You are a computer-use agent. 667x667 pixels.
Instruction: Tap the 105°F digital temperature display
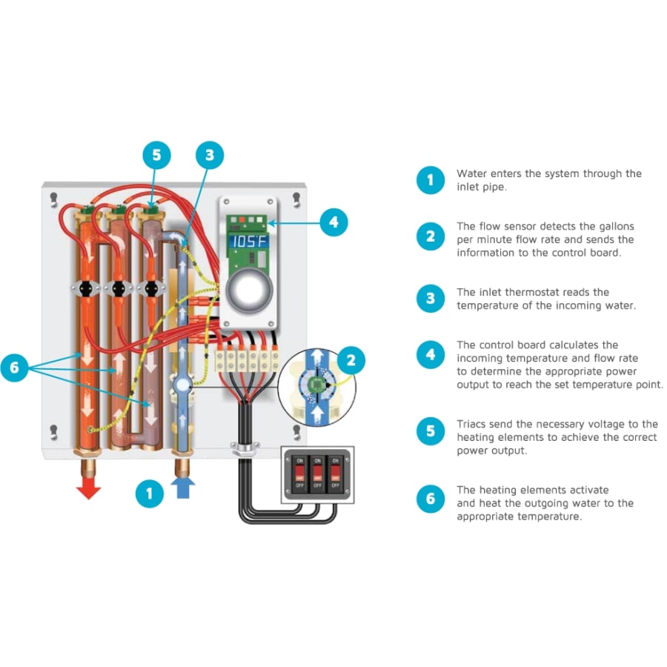[248, 242]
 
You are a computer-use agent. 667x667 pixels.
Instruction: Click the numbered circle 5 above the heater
[156, 156]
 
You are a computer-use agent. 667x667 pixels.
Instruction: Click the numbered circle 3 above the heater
[210, 156]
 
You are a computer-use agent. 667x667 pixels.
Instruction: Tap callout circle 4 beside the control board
[333, 222]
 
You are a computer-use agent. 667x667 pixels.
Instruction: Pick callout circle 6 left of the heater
[15, 369]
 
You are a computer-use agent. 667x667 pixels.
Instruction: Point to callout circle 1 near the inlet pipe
[150, 493]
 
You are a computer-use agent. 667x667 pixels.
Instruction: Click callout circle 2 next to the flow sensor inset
[351, 361]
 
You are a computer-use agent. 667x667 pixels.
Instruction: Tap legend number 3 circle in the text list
[431, 299]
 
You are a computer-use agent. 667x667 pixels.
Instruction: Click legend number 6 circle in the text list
[431, 500]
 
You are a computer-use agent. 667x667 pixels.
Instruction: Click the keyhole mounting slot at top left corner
[53, 199]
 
